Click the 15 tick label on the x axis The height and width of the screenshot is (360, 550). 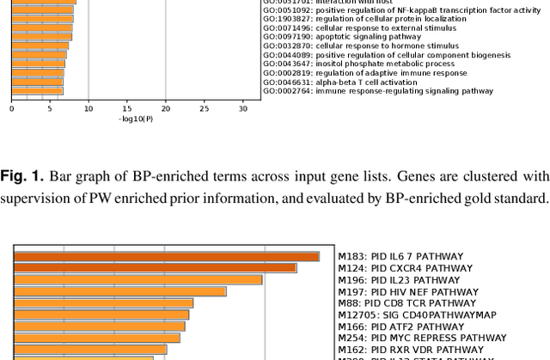127,109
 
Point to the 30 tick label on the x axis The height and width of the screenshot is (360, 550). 243,109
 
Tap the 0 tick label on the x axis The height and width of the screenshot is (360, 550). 11,109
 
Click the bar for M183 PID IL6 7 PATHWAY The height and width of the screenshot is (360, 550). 166,256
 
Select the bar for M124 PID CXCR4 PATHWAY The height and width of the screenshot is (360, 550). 155,268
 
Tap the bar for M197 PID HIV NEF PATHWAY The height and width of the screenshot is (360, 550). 119,291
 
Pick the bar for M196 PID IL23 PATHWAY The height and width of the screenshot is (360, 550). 137,279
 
